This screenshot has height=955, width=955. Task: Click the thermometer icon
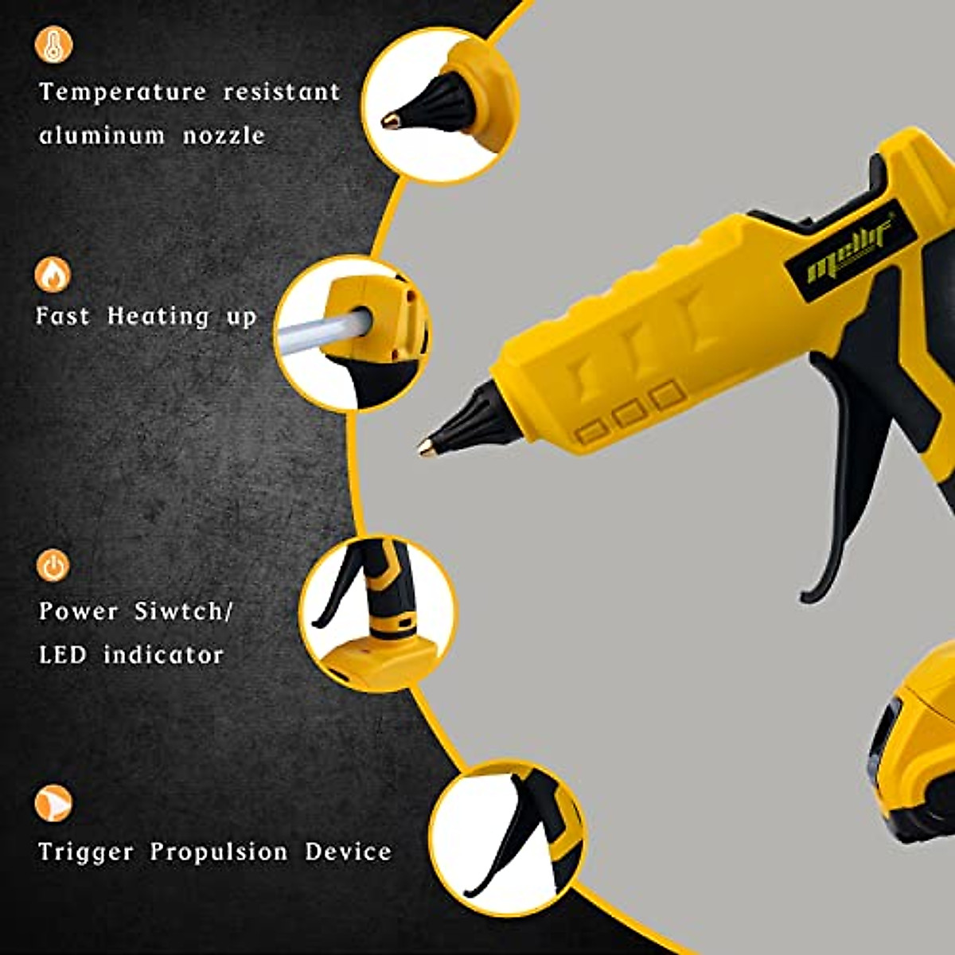pyautogui.click(x=53, y=45)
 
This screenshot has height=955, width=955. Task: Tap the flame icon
pyautogui.click(x=53, y=275)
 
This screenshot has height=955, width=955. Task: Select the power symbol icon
pyautogui.click(x=53, y=566)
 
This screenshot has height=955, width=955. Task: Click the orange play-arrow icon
pyautogui.click(x=53, y=803)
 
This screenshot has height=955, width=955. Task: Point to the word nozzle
pyautogui.click(x=224, y=136)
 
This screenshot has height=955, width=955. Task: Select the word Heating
pyautogui.click(x=158, y=317)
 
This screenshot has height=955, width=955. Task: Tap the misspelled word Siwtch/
pyautogui.click(x=184, y=611)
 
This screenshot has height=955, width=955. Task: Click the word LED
pyautogui.click(x=62, y=655)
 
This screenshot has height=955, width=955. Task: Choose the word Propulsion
pyautogui.click(x=219, y=852)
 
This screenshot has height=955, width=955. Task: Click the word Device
pyautogui.click(x=349, y=852)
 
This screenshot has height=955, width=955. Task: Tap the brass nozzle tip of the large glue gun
pyautogui.click(x=427, y=447)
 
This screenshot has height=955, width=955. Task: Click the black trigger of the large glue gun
pyautogui.click(x=844, y=493)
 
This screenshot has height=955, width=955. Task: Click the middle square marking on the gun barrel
pyautogui.click(x=630, y=412)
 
